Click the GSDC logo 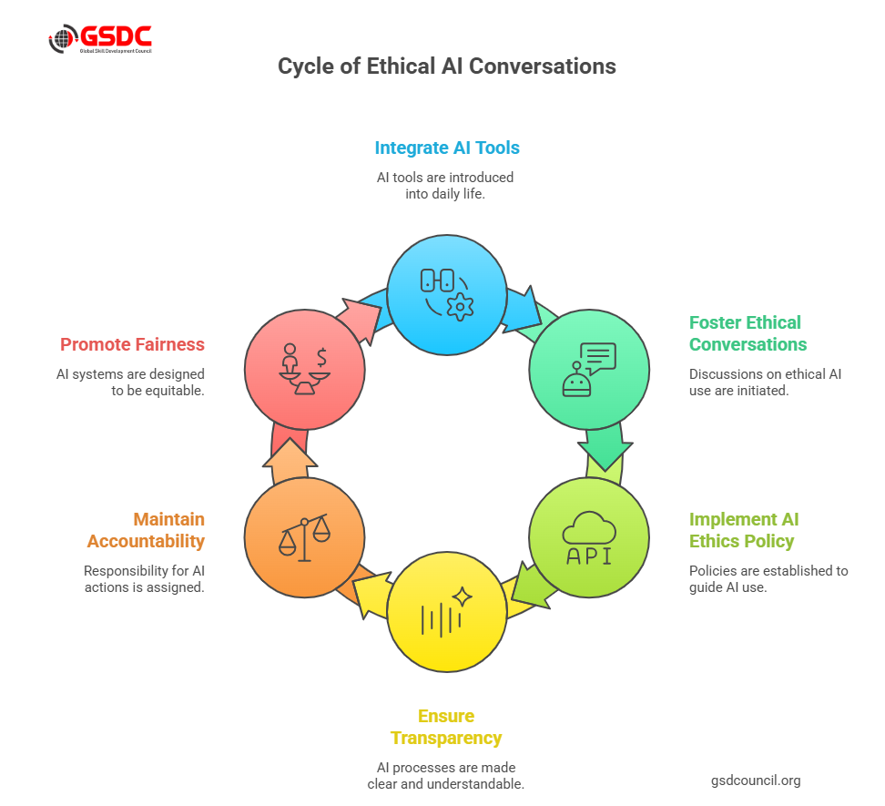pos(100,40)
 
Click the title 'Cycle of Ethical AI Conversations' pos(447,66)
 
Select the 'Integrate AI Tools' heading pos(447,148)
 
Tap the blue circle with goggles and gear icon pos(447,294)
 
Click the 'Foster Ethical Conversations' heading pos(747,333)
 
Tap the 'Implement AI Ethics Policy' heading pos(742,530)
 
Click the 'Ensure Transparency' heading pos(446,727)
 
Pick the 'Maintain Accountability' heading pos(146,530)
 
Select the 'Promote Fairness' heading pos(132,344)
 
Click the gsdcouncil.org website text pos(756,780)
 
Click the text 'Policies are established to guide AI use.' pos(768,579)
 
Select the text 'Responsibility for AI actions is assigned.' pos(144,579)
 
